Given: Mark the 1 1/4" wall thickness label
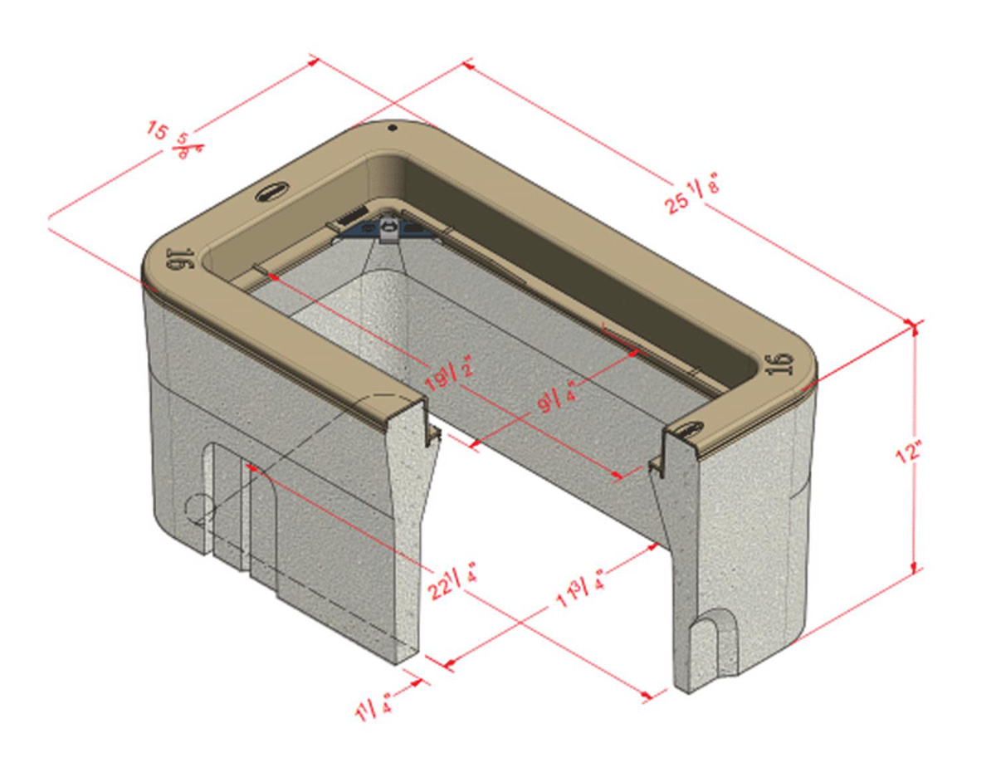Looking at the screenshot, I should coord(374,707).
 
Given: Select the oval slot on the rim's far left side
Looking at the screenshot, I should coord(270,193).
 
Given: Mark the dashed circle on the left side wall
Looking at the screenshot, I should coord(198,508).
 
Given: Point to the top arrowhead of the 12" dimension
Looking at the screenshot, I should coord(915,326).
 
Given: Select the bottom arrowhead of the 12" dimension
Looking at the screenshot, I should coord(915,569).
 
